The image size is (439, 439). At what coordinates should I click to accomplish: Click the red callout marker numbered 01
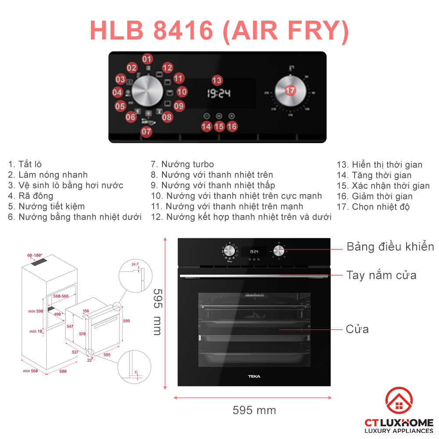click(x=147, y=59)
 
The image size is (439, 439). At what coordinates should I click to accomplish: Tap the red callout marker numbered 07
click(x=147, y=131)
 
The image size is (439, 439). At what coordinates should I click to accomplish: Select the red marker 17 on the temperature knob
click(x=290, y=90)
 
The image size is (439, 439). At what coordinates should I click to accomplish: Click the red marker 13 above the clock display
click(x=217, y=80)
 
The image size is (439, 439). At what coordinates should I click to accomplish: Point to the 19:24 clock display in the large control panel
click(x=219, y=94)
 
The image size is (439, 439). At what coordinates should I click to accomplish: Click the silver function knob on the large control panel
click(x=148, y=92)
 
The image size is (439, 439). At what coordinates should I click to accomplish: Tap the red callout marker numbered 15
click(x=219, y=126)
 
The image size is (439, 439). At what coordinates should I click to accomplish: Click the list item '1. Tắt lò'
click(x=25, y=164)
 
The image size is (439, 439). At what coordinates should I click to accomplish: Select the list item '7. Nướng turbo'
click(x=182, y=164)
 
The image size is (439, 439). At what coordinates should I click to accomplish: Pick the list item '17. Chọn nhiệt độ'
click(x=373, y=207)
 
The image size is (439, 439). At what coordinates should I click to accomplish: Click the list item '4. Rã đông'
click(x=30, y=196)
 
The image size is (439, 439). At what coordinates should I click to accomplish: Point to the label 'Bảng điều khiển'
click(x=390, y=247)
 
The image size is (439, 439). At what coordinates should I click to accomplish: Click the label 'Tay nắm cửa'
click(x=381, y=275)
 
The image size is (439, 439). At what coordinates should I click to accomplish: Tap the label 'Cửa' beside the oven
click(x=357, y=329)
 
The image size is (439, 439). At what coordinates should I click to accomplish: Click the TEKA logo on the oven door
click(x=254, y=376)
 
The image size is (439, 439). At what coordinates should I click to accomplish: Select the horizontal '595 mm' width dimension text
click(x=254, y=410)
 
